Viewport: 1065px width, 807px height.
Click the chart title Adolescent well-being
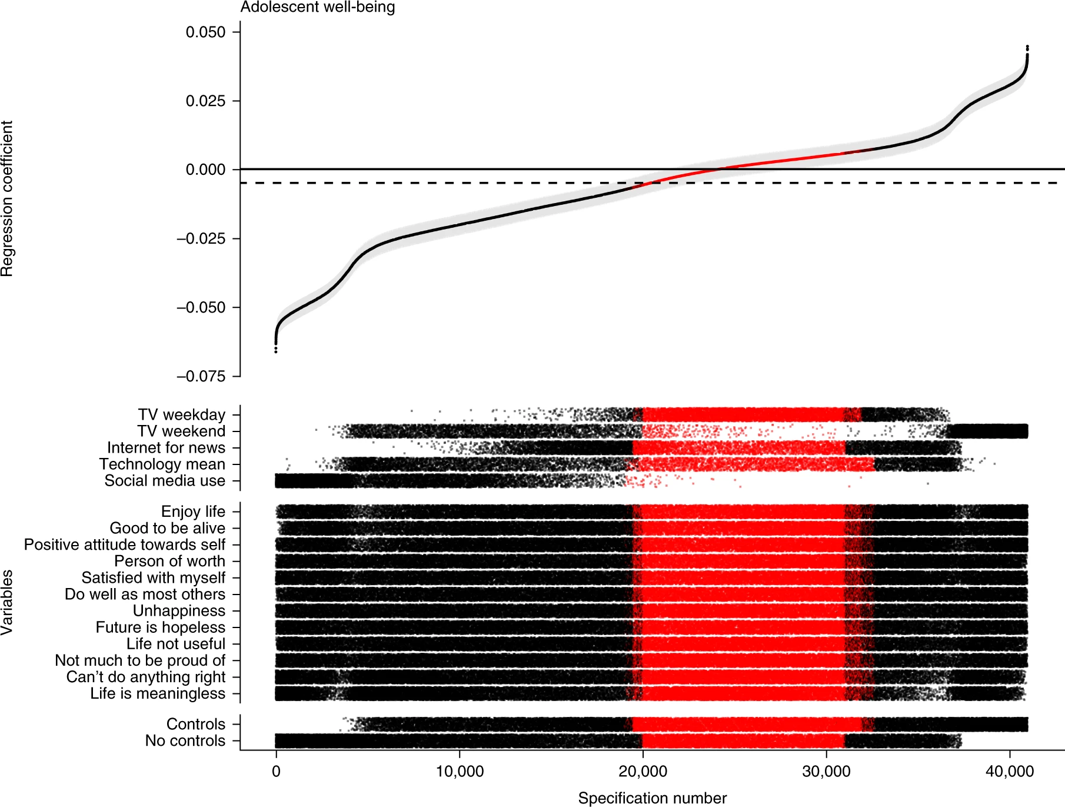(317, 7)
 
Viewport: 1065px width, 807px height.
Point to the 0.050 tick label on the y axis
(205, 32)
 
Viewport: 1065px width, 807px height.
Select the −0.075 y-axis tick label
(201, 377)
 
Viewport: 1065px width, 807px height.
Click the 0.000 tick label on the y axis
(205, 170)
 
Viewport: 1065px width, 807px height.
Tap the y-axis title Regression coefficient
(7, 198)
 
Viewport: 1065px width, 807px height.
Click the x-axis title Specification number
(652, 798)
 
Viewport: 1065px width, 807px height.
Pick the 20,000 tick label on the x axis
(643, 771)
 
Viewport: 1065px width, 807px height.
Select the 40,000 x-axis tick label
(1010, 771)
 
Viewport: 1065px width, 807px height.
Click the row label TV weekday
(182, 415)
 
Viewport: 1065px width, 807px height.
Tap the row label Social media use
(165, 481)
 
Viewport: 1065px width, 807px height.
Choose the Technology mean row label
(162, 464)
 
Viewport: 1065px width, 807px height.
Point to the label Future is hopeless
(161, 627)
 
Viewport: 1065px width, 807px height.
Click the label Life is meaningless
(158, 693)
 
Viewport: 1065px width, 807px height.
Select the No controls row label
(185, 740)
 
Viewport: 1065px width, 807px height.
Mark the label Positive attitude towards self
(125, 545)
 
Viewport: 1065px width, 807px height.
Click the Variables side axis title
(7, 602)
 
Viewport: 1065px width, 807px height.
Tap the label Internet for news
(166, 448)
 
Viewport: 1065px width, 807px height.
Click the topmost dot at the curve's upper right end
(1027, 47)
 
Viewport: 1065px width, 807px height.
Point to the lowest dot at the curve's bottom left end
(276, 351)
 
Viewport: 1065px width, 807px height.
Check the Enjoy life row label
(193, 512)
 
